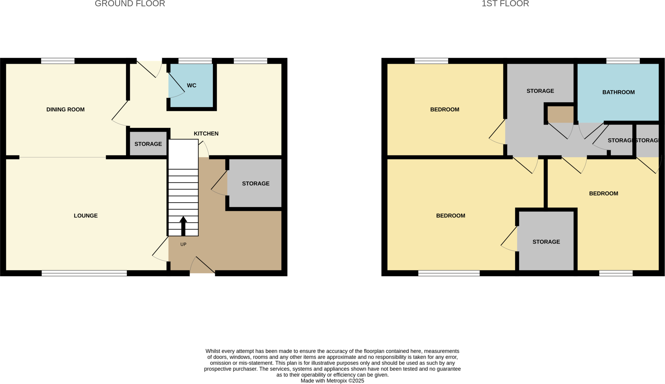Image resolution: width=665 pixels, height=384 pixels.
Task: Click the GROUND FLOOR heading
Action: pyautogui.click(x=130, y=4)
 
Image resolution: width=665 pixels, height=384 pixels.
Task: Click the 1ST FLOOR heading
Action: pyautogui.click(x=505, y=4)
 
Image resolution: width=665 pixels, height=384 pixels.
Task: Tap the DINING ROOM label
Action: pyautogui.click(x=65, y=110)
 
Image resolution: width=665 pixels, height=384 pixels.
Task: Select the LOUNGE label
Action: pyautogui.click(x=86, y=216)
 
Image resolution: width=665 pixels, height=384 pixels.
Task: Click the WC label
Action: pyautogui.click(x=192, y=86)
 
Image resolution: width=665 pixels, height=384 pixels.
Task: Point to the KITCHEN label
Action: pyautogui.click(x=206, y=134)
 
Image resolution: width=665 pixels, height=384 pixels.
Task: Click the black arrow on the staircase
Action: pyautogui.click(x=183, y=226)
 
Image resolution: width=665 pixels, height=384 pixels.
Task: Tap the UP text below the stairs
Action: pyautogui.click(x=183, y=244)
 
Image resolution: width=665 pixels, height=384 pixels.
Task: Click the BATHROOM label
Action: pyautogui.click(x=618, y=93)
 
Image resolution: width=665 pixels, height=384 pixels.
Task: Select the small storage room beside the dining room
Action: pyautogui.click(x=148, y=144)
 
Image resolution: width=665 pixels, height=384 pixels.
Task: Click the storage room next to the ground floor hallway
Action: pyautogui.click(x=256, y=184)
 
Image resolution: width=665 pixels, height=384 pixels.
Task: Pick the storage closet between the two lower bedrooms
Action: pyautogui.click(x=546, y=242)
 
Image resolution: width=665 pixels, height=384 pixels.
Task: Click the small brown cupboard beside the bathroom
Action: pyautogui.click(x=560, y=114)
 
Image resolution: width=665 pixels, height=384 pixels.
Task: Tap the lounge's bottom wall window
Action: pyautogui.click(x=84, y=273)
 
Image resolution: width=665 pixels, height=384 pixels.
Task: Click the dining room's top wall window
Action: pyautogui.click(x=58, y=61)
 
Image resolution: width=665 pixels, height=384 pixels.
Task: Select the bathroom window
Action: pyautogui.click(x=623, y=61)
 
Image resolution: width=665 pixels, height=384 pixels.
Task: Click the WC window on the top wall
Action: pyautogui.click(x=195, y=61)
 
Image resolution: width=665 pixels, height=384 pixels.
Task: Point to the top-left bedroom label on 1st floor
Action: pyautogui.click(x=445, y=110)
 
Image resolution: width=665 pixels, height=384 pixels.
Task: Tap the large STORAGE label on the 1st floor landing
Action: pyautogui.click(x=540, y=91)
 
